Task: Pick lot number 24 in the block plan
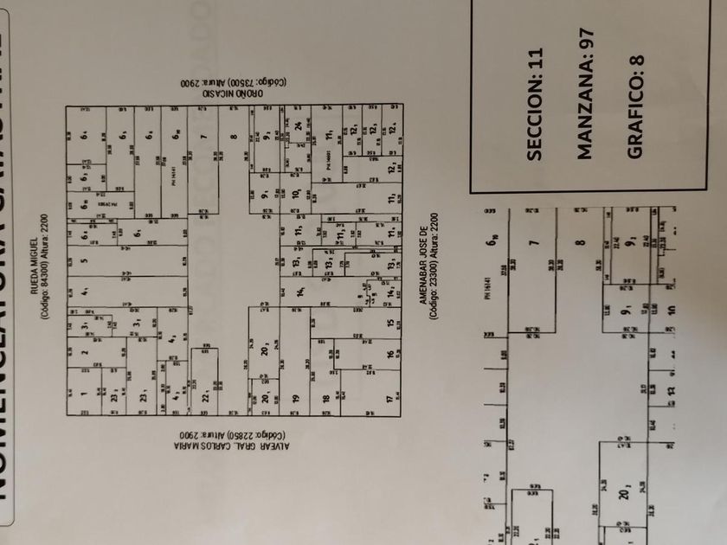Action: pyautogui.click(x=297, y=125)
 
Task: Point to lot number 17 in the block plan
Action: pyautogui.click(x=389, y=399)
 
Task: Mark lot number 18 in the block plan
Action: pyautogui.click(x=325, y=399)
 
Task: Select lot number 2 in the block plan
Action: pyautogui.click(x=85, y=352)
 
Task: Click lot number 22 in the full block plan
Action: pyautogui.click(x=205, y=397)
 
